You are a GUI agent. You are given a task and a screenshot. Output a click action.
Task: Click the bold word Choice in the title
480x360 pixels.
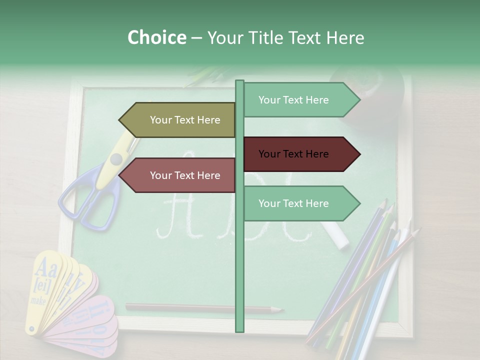pyautogui.click(x=156, y=37)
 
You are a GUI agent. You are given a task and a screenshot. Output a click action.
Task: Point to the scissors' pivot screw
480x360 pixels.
pyautogui.click(x=116, y=159)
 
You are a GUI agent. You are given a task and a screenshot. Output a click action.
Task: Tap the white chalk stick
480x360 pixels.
pyautogui.click(x=336, y=235)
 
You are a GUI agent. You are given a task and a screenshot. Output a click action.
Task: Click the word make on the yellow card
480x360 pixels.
pyautogui.click(x=38, y=301)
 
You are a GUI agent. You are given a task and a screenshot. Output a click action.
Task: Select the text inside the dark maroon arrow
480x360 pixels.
pyautogui.click(x=293, y=154)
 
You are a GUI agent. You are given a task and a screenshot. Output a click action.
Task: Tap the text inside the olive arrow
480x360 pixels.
pyautogui.click(x=185, y=120)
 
